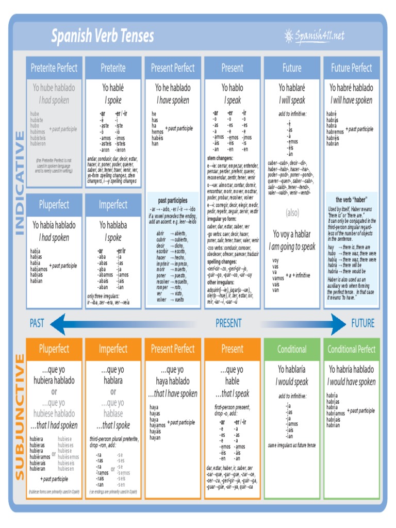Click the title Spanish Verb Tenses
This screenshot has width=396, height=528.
tap(102, 36)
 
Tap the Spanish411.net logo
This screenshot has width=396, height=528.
tap(314, 36)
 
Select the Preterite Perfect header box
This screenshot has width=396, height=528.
tap(54, 68)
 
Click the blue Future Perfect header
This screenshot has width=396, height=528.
tap(351, 68)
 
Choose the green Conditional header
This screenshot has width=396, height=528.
tap(292, 349)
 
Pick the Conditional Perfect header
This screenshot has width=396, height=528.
tap(351, 349)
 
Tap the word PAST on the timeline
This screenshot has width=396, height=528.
tap(37, 323)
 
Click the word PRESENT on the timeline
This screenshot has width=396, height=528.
tap(228, 323)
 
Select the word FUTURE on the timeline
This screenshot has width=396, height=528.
tap(363, 323)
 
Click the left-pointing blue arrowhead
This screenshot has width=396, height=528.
tap(58, 324)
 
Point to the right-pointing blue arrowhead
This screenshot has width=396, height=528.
tap(338, 324)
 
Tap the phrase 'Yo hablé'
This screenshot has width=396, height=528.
tap(113, 88)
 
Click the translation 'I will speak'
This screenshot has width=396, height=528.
tap(292, 100)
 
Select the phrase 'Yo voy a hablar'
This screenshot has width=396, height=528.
tap(292, 234)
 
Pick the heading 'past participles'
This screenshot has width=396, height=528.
tap(173, 200)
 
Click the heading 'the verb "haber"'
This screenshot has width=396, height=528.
tap(351, 200)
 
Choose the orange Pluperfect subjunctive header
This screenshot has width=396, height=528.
tap(54, 349)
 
